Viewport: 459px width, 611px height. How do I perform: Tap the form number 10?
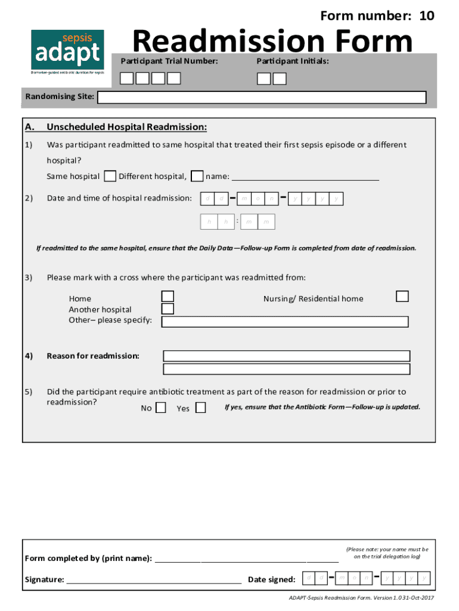pos(377,16)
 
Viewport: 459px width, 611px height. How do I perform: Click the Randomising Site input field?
pos(262,98)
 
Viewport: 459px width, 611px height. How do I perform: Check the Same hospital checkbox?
pos(110,176)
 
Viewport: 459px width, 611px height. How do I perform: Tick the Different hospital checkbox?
pos(197,176)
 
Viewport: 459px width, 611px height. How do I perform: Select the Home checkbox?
pos(168,297)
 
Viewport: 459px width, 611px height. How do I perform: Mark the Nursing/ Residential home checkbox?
pos(402,297)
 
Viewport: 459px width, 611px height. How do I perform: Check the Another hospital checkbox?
pos(168,308)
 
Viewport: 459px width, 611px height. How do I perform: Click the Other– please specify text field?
pos(285,322)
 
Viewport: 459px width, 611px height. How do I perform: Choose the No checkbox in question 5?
pos(160,408)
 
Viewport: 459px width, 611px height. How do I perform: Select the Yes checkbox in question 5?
pos(200,408)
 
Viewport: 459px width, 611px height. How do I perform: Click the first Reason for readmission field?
pos(286,356)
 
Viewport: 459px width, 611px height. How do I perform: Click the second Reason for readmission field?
pos(286,369)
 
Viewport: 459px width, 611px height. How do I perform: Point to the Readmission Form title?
pos(272,42)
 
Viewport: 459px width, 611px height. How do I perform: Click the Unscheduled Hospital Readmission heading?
pos(126,127)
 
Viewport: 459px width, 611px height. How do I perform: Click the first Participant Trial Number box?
pos(128,79)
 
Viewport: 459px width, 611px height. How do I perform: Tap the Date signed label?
pos(271,579)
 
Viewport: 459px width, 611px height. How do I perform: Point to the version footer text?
pos(361,597)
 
